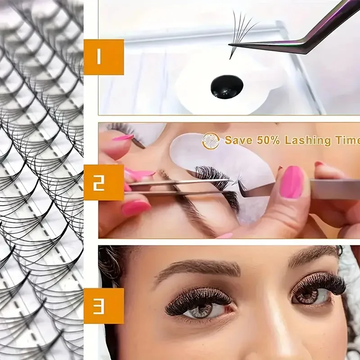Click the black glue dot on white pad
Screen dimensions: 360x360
pos(227,86)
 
